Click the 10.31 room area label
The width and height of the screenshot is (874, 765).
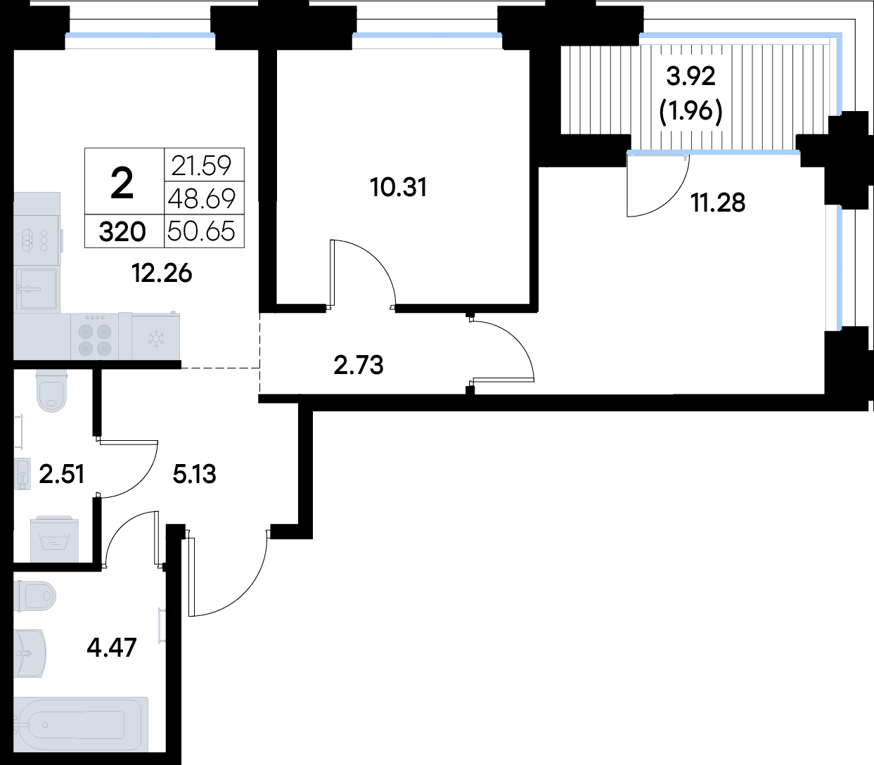click(x=399, y=188)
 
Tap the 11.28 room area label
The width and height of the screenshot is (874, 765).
click(x=718, y=202)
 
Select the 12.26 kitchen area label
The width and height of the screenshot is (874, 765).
click(x=162, y=274)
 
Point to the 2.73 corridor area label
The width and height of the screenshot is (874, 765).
click(x=359, y=366)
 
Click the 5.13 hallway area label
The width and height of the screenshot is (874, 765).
click(x=194, y=474)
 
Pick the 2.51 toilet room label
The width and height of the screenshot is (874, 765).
click(x=61, y=475)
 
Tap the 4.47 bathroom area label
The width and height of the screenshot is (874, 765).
click(x=112, y=648)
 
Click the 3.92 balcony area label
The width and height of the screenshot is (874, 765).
click(x=690, y=77)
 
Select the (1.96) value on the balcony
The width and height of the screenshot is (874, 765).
click(x=690, y=112)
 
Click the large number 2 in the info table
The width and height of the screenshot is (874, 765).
click(x=122, y=183)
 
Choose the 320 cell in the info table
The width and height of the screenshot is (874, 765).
click(x=122, y=232)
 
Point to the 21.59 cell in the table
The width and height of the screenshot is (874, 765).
click(x=201, y=166)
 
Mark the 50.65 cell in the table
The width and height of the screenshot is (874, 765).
click(x=201, y=231)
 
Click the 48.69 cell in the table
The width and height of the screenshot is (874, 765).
click(x=202, y=198)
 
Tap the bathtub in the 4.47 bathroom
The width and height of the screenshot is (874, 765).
click(x=81, y=724)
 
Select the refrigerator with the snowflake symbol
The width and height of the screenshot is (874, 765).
click(x=155, y=337)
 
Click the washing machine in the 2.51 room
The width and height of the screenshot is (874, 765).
click(x=55, y=539)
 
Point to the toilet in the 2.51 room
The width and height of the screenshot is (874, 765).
click(x=52, y=391)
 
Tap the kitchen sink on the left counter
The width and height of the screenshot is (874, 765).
click(x=37, y=289)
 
